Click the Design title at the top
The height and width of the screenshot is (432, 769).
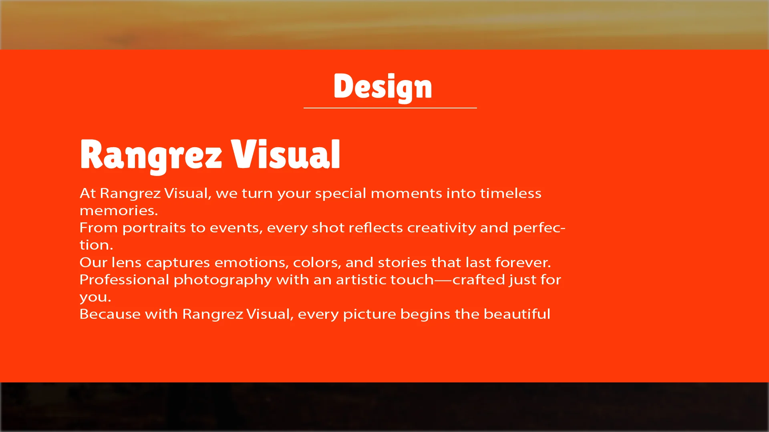[x=382, y=86]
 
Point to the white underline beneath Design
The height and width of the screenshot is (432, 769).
[x=390, y=108]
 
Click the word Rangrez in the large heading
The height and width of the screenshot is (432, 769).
[x=151, y=155]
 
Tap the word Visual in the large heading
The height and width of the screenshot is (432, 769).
[x=286, y=154]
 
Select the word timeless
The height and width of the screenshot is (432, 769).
[x=511, y=193]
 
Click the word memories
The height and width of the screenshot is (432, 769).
[x=119, y=210]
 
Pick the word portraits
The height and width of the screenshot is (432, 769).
[x=154, y=228]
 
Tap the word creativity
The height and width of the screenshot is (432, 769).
[x=441, y=228]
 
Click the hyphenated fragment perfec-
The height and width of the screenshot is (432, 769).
[x=539, y=228]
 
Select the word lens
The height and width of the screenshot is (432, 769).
[x=126, y=262]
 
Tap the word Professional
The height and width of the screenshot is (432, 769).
[x=124, y=280]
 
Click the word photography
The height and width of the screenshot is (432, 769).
[x=223, y=280]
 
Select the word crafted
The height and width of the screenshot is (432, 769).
[x=479, y=280]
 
